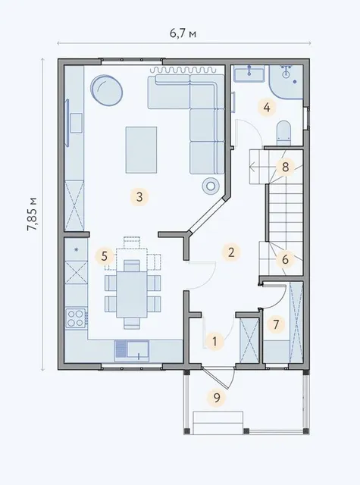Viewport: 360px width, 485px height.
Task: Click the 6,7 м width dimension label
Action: tap(183, 33)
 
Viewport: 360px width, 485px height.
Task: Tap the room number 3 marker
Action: tap(139, 197)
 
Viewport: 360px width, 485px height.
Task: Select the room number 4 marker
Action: tap(267, 108)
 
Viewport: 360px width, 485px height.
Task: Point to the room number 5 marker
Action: tap(105, 256)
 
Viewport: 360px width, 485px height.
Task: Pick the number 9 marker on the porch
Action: tap(217, 397)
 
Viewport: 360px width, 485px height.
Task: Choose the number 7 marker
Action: tap(276, 324)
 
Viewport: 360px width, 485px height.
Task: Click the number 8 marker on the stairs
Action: tap(285, 167)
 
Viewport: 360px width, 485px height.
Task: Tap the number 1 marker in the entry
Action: tap(214, 342)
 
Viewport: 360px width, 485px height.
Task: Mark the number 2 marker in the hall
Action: tap(231, 252)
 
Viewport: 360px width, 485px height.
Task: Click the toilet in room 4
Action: tap(283, 133)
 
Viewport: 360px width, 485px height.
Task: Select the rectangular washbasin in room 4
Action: tap(249, 74)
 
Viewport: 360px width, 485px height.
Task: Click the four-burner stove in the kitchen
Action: tap(76, 318)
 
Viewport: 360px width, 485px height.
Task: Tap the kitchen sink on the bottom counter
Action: tap(132, 350)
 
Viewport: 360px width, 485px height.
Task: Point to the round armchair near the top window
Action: tap(106, 90)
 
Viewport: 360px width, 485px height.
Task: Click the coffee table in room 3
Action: tap(141, 150)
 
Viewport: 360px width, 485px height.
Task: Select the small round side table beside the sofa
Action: tap(211, 186)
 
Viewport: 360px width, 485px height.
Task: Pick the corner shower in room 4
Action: tap(286, 82)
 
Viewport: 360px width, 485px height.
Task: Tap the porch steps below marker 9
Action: tap(218, 423)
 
